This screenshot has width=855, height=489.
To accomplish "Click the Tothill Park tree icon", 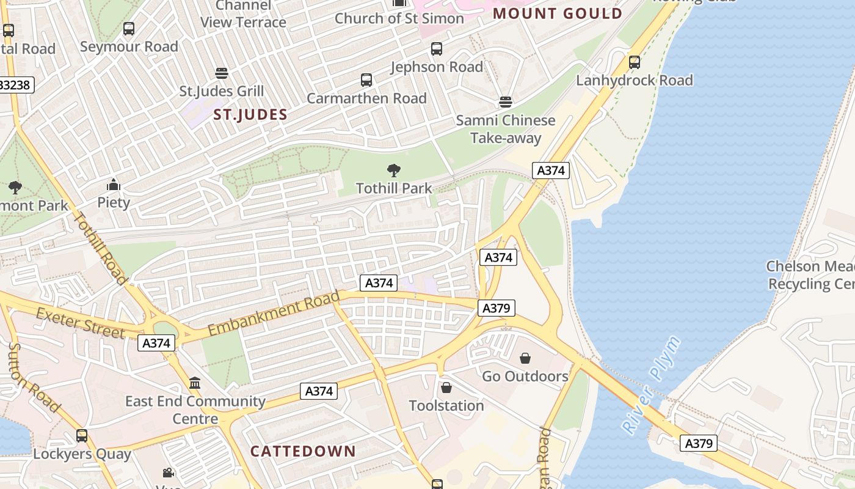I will coord(394,171).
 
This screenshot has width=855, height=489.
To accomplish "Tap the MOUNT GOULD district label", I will coord(558,13).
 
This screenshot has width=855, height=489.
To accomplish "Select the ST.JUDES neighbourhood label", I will coord(250,114).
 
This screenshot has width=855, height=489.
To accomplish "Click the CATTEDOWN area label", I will coord(303,452).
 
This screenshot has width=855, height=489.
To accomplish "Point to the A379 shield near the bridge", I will coord(699,443).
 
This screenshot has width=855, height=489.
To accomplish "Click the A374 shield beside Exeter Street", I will coord(156,343).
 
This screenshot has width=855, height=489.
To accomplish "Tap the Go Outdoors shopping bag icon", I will coord(525,358).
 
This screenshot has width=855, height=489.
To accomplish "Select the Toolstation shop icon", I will coord(446,388).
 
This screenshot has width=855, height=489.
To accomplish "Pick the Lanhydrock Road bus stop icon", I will coord(635,62).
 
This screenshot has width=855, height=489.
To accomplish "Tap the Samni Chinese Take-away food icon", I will coord(505,101).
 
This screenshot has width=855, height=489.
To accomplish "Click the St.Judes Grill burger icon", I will coord(222,73).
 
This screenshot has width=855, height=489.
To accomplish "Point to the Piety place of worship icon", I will coord(114,185).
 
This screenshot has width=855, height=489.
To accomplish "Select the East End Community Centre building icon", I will coord(195,383).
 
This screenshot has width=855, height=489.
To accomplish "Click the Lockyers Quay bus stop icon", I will coord(82,436).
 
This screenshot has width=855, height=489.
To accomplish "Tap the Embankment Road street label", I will coord(274,314).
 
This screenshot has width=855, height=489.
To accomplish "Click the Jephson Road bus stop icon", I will coord(437,49).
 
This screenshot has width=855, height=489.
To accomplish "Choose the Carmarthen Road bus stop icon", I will coord(366,80).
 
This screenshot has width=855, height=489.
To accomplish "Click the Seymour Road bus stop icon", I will coord(129,29).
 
